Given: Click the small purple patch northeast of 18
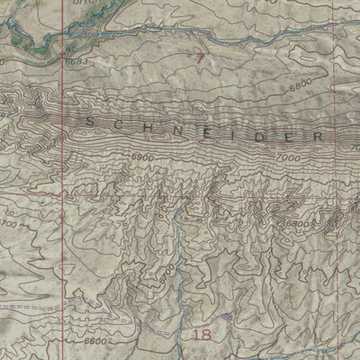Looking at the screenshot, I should [225, 317].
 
